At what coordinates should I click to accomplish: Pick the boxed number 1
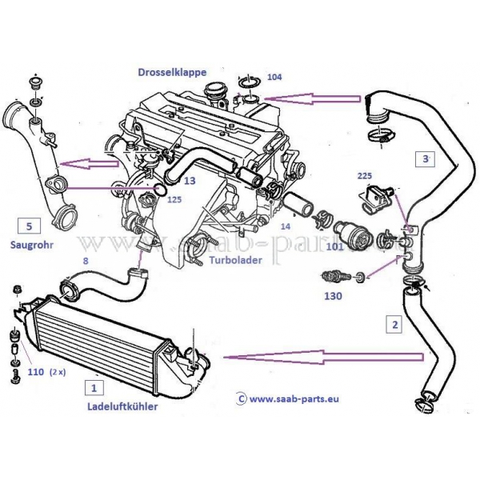94,389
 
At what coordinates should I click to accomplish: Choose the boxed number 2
394,326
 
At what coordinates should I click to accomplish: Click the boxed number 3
426,159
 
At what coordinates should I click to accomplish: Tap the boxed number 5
26,225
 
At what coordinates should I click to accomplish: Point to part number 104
274,78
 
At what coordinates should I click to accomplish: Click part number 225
365,175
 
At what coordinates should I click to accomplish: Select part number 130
334,296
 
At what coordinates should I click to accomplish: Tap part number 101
335,247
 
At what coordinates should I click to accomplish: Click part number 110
36,372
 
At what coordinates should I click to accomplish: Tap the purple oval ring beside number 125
158,190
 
